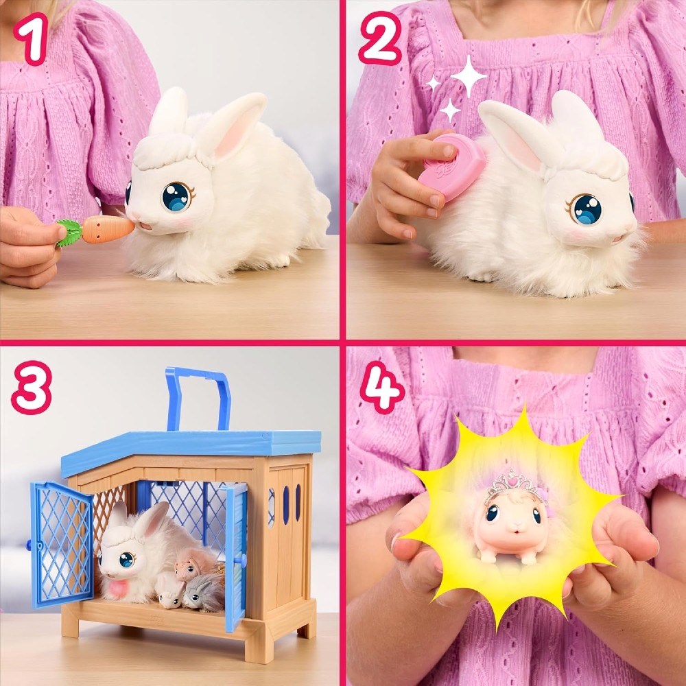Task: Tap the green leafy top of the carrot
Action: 68,232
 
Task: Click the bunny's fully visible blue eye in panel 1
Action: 176,196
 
